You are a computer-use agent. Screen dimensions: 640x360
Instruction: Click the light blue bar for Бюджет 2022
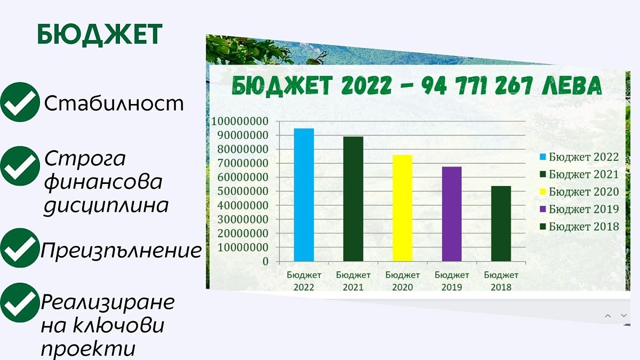[x=303, y=195]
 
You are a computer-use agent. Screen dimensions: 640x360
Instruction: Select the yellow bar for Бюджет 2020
[x=402, y=208]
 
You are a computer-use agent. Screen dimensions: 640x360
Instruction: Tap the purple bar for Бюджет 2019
[x=452, y=214]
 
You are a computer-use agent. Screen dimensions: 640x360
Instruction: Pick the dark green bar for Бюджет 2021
[x=353, y=199]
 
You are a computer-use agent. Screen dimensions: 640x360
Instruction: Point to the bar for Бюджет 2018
[x=501, y=223]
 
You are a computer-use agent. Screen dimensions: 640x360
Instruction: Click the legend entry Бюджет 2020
[x=579, y=191]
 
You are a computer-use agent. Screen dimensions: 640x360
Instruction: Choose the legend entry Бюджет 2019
[x=579, y=209]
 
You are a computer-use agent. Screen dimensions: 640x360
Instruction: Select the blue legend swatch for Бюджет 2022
[x=542, y=157]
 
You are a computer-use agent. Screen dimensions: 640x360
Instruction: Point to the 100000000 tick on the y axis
[x=239, y=121]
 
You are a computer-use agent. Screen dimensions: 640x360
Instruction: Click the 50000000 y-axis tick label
[x=243, y=191]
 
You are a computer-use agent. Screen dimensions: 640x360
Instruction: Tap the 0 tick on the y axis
[x=266, y=261]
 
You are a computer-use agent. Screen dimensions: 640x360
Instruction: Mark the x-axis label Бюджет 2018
[x=501, y=281]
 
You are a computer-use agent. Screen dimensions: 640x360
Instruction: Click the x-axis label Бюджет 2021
[x=353, y=281]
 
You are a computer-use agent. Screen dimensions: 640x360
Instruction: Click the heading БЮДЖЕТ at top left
[x=100, y=35]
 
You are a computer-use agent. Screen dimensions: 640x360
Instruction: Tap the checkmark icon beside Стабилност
[x=20, y=102]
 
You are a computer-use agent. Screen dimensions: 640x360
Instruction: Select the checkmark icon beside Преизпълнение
[x=20, y=247]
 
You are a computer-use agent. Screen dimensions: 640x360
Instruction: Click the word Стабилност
[x=114, y=103]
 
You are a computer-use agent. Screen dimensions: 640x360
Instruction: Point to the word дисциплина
[x=106, y=206]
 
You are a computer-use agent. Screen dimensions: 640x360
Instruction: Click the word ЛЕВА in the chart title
[x=572, y=86]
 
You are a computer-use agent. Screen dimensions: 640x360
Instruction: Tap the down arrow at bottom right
[x=623, y=315]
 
